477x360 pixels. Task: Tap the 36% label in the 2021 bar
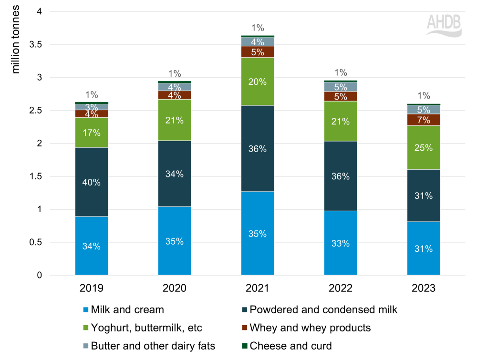pyautogui.click(x=258, y=149)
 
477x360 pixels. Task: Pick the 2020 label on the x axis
pyautogui.click(x=175, y=288)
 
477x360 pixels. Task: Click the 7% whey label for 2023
pyautogui.click(x=424, y=119)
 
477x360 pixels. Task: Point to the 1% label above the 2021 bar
pyautogui.click(x=258, y=28)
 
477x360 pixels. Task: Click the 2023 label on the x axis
pyautogui.click(x=424, y=288)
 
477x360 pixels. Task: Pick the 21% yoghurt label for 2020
pyautogui.click(x=175, y=120)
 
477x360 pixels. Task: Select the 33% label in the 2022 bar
pyautogui.click(x=341, y=243)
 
